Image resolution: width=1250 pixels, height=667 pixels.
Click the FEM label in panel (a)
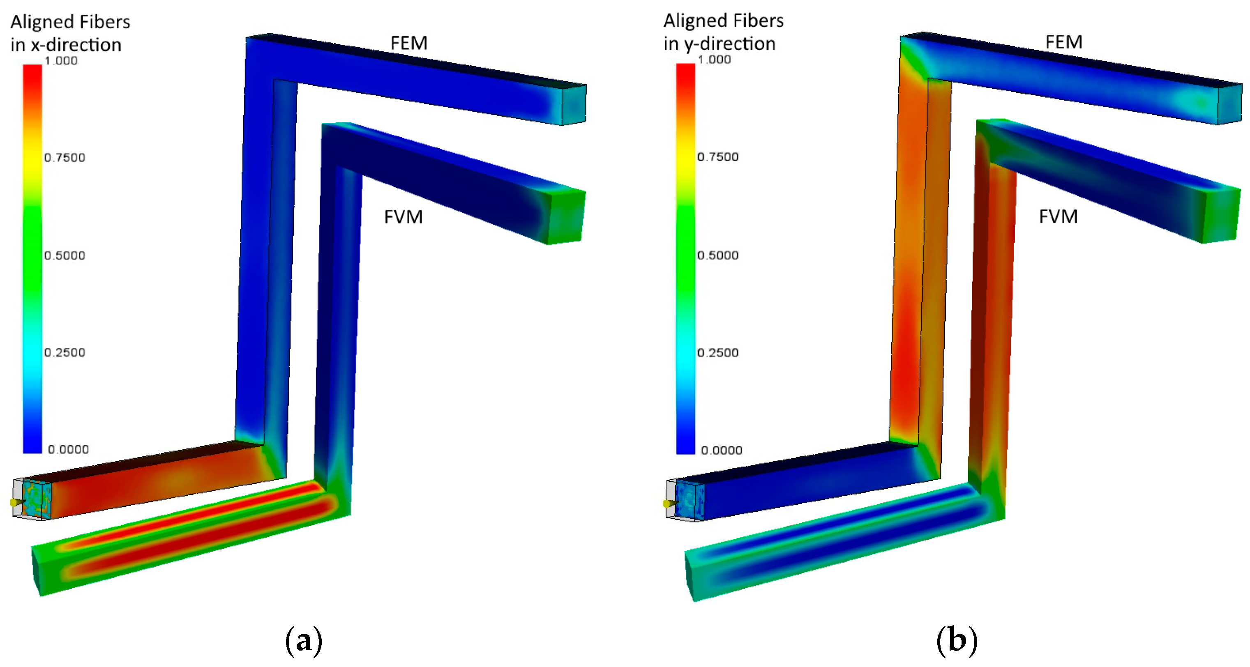coord(409,43)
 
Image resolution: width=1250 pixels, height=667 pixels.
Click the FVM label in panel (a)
coord(403,217)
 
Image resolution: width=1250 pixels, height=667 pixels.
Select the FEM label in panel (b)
coord(1064,42)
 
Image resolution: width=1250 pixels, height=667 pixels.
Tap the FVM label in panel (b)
coord(1059,216)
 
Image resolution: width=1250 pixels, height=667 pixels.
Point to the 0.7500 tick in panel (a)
coord(65,158)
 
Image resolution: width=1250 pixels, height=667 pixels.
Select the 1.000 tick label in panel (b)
coord(714,60)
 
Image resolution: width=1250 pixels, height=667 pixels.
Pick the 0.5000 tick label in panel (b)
coord(718,255)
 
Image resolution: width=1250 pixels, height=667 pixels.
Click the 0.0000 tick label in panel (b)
coord(722,450)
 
